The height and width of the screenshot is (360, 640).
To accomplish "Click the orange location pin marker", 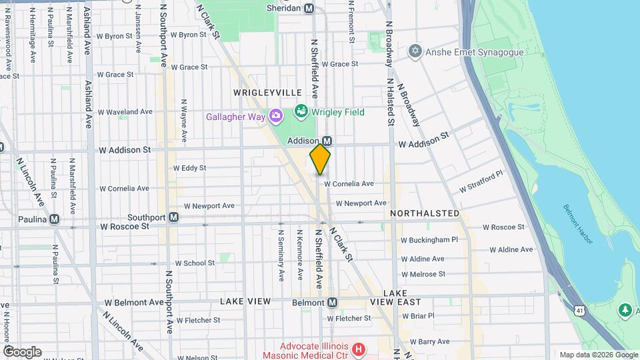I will [x=320, y=159].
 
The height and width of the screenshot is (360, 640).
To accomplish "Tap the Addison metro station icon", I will [x=327, y=141].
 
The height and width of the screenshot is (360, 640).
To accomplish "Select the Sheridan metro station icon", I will [x=309, y=9].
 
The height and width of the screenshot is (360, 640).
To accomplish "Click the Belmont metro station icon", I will [x=332, y=303].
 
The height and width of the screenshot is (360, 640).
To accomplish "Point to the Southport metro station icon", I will [x=173, y=217].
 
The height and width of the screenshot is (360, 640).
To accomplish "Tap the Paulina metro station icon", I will [x=55, y=219].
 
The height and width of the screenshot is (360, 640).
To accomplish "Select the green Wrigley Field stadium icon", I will [x=301, y=111].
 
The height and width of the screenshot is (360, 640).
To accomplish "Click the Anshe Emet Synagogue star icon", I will [x=415, y=51].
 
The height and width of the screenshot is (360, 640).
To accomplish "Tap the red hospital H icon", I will [x=359, y=349].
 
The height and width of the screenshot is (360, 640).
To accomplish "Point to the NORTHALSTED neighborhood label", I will [x=425, y=213].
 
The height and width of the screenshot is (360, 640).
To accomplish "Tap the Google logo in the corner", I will [x=22, y=351].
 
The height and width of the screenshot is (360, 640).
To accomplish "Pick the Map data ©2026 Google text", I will [x=598, y=355].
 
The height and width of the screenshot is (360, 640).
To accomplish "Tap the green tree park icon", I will [x=625, y=310].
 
